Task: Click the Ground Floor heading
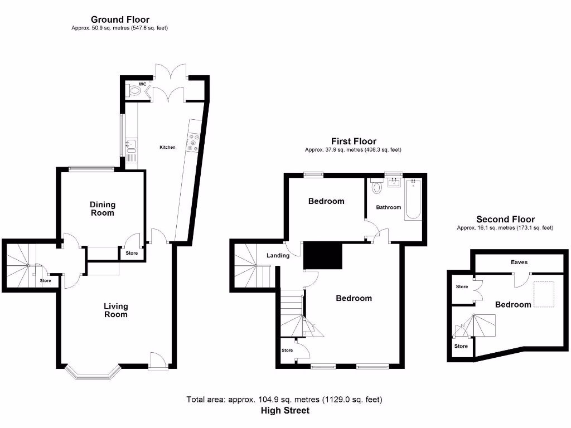120,20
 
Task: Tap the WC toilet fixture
133,89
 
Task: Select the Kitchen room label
167,147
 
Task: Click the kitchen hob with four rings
195,143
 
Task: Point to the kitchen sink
131,146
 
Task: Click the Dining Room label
103,208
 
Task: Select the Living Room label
116,310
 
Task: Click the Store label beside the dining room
132,253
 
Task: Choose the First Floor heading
354,142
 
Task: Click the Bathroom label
388,207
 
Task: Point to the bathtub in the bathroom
413,199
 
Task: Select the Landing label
278,255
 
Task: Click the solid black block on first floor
322,255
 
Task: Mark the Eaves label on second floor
519,262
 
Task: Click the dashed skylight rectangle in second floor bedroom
543,294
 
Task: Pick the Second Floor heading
505,220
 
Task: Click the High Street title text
285,411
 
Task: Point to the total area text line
285,400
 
